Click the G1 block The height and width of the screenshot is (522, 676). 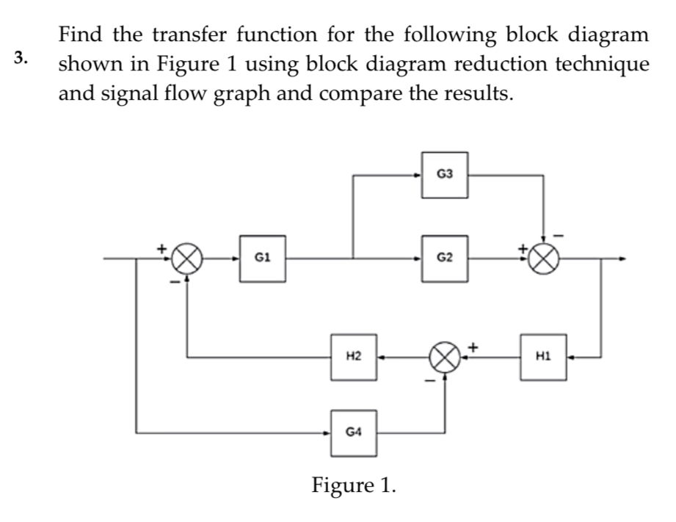[263, 258]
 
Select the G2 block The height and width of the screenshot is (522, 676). [445, 258]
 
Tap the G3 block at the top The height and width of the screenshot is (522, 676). [445, 175]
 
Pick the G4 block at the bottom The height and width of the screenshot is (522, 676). [353, 432]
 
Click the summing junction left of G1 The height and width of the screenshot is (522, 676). [186, 258]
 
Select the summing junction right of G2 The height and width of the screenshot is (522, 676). [544, 258]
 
